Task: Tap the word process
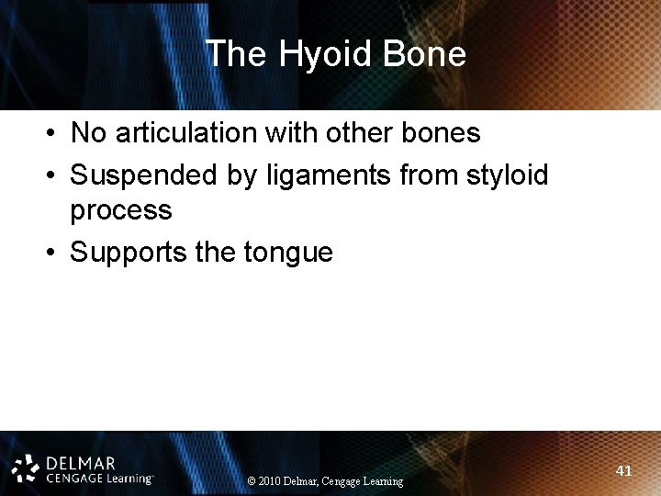121,210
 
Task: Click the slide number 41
624,471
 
